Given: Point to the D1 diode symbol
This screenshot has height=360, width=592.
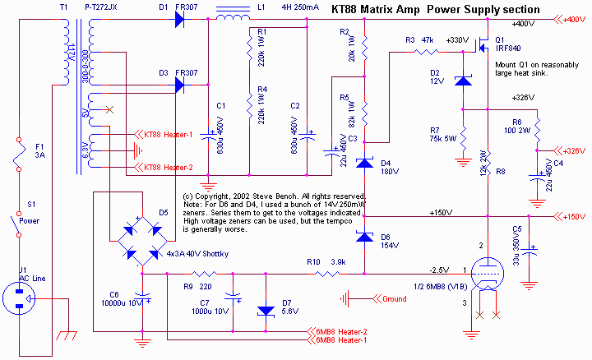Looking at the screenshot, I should pos(179,20).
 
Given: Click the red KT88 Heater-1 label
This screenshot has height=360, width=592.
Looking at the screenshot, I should pos(168,135).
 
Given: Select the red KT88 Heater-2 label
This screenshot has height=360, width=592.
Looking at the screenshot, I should pos(168,167).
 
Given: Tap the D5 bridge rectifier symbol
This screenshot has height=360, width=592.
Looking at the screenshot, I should pos(140,236).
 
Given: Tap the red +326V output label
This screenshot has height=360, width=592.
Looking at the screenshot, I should pos(573,150).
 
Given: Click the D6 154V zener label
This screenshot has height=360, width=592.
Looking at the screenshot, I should pos(390,241).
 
